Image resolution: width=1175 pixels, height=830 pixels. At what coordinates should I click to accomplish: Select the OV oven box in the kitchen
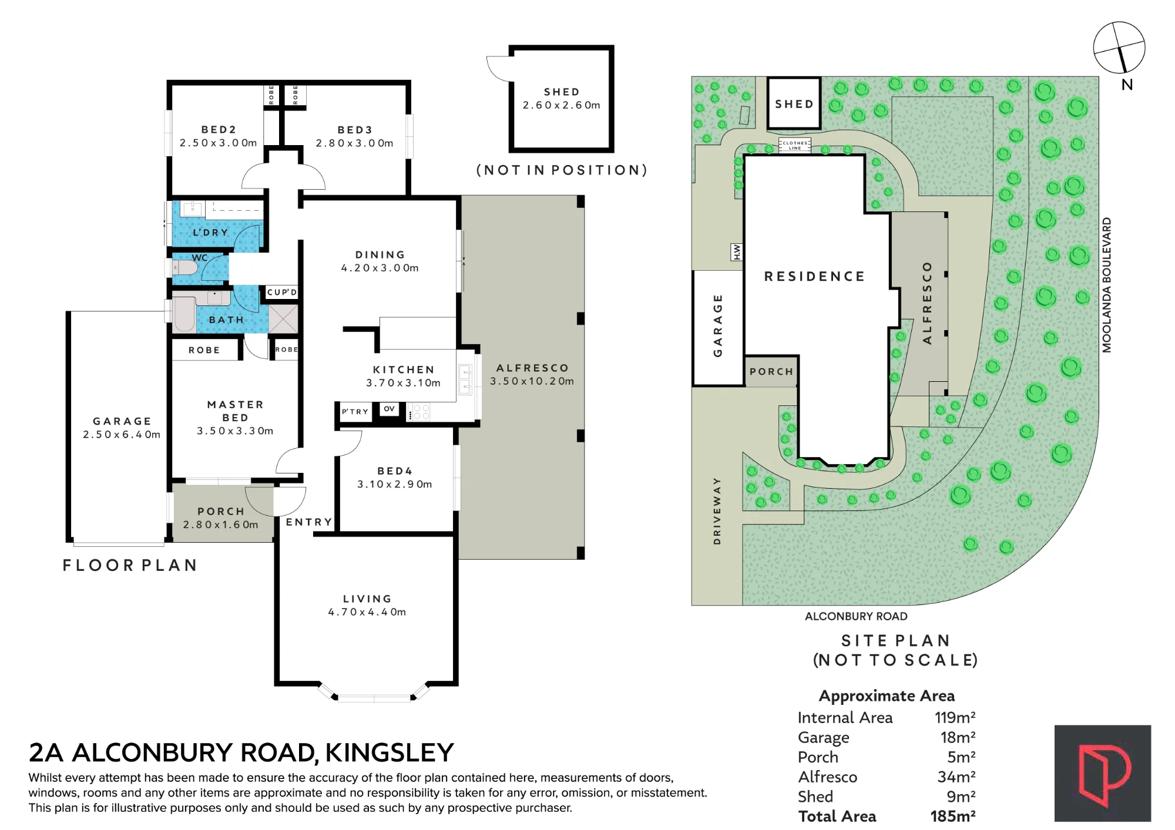pos(389,409)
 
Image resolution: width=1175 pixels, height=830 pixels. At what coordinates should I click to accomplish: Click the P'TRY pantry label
pos(355,412)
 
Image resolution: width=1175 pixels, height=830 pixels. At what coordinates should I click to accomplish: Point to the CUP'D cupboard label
pos(282,293)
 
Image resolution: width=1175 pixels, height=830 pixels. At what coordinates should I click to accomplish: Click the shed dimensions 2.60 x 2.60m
pos(562,105)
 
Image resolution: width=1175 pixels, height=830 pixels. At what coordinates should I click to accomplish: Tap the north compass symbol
pos(1119,48)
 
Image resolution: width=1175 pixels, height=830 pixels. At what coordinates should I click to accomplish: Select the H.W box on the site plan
pos(736,252)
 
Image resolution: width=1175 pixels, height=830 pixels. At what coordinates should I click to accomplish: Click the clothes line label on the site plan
pos(795,145)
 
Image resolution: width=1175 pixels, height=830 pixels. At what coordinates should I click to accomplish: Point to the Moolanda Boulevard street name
pos(1107,285)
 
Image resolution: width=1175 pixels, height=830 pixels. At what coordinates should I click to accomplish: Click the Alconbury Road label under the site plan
pos(856,616)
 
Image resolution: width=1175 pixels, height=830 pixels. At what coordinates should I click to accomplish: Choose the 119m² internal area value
pos(955,717)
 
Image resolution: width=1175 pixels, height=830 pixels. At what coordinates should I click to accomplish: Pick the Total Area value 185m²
pos(953,816)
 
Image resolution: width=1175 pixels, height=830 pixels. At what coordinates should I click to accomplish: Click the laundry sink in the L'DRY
pos(192,209)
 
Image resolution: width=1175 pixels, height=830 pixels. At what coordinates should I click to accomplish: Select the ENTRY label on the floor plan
pos(309,522)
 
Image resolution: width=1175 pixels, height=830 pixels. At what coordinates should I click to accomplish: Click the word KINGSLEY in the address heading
pos(390,752)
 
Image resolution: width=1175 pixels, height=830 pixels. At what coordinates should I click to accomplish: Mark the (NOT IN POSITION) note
pos(562,170)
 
